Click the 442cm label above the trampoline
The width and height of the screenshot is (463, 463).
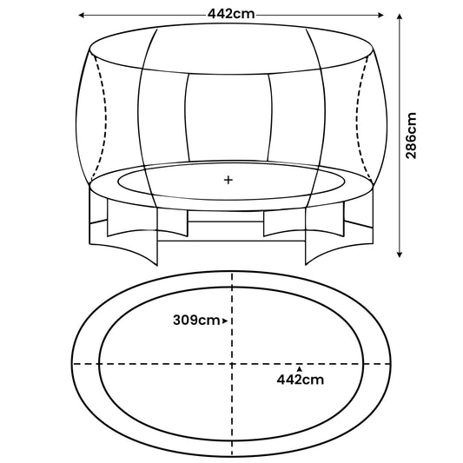click(231, 15)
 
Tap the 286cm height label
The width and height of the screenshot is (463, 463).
click(412, 134)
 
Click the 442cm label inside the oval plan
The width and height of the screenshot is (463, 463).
click(300, 379)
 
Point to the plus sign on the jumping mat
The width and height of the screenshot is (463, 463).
click(229, 181)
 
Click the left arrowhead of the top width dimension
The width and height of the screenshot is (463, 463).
click(82, 15)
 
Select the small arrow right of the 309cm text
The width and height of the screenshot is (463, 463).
click(225, 321)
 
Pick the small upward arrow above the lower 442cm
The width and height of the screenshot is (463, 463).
click(300, 367)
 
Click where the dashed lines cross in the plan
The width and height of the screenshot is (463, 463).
click(232, 361)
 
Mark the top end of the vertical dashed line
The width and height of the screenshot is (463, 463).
click(232, 273)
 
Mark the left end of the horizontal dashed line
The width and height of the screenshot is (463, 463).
click(73, 361)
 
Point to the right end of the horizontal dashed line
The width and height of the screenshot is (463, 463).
click(391, 361)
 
